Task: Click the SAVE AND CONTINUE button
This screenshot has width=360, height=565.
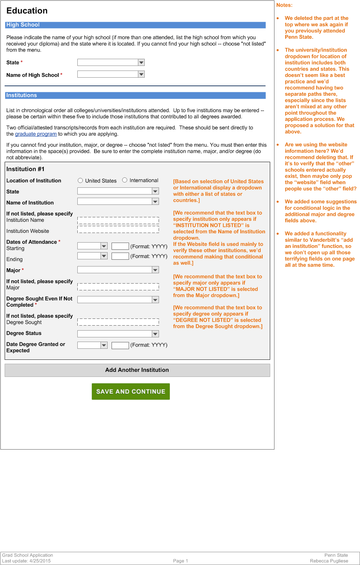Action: click(x=130, y=391)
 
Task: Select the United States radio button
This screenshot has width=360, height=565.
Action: click(x=80, y=181)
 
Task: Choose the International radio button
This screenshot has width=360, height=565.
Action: click(x=125, y=180)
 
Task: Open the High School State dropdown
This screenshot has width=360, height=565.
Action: click(x=111, y=62)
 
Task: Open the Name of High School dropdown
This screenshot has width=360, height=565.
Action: click(x=111, y=74)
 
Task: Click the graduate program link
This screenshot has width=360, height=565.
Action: click(x=36, y=134)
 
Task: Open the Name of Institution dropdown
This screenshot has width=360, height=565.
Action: click(x=118, y=202)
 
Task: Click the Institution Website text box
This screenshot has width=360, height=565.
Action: click(x=118, y=230)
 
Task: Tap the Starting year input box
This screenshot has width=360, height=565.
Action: click(x=120, y=246)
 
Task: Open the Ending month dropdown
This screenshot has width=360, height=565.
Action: click(x=92, y=256)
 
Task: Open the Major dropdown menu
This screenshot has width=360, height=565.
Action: click(x=118, y=270)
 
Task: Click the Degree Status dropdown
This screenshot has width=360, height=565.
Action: click(x=118, y=334)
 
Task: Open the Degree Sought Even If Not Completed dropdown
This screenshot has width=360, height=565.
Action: click(x=118, y=300)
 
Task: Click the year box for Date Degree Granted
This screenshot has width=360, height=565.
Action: click(x=120, y=345)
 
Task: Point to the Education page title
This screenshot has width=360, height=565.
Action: click(x=27, y=11)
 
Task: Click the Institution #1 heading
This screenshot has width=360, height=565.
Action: click(x=25, y=169)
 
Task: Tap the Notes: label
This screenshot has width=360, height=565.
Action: click(x=284, y=5)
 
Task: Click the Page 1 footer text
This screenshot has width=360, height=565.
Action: click(x=180, y=561)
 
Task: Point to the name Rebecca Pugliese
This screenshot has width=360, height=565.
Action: click(x=329, y=561)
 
